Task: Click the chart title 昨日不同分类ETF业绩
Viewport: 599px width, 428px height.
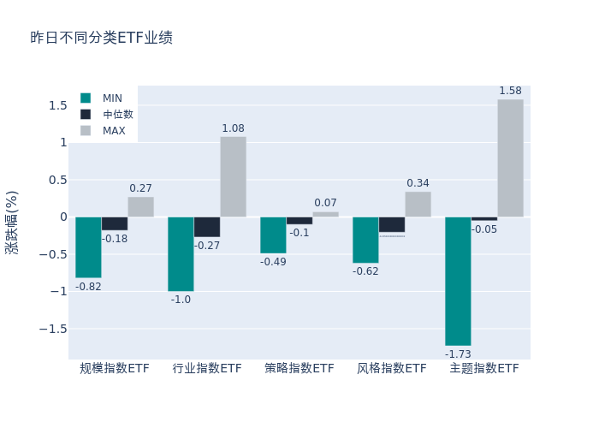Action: click(x=101, y=38)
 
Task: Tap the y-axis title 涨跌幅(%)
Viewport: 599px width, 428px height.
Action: click(x=12, y=223)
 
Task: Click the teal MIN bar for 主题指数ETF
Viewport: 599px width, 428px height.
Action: click(x=458, y=281)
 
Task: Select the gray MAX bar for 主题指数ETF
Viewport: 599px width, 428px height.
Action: click(x=510, y=158)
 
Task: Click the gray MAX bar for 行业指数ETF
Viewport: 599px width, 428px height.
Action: click(x=233, y=176)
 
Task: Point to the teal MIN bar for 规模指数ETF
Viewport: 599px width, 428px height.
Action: click(x=88, y=247)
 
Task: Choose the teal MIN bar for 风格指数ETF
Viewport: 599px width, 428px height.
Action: click(x=365, y=240)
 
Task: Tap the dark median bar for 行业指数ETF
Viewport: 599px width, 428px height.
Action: click(x=206, y=227)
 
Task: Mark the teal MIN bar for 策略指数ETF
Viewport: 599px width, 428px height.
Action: click(x=273, y=235)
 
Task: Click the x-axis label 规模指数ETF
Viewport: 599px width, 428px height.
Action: click(x=115, y=369)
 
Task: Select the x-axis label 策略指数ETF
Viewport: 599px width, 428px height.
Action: click(x=299, y=369)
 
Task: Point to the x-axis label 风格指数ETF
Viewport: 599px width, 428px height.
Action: click(x=392, y=369)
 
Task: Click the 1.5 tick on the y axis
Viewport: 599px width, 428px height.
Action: click(x=57, y=105)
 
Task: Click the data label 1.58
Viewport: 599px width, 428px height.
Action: click(x=510, y=91)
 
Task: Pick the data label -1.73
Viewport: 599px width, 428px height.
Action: click(x=458, y=354)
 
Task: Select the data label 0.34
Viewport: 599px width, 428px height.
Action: click(x=418, y=183)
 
